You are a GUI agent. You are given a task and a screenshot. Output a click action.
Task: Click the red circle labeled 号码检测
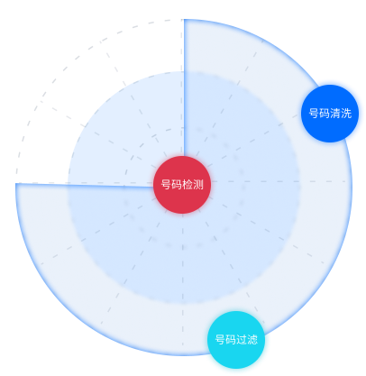(x=182, y=185)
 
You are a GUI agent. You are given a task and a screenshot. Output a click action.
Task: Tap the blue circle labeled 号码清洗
(x=330, y=114)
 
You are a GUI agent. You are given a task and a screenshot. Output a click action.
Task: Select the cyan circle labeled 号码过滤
(x=236, y=340)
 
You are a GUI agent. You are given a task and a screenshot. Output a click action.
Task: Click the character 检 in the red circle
(x=188, y=184)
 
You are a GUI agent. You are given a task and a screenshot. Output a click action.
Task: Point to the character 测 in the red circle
(x=198, y=184)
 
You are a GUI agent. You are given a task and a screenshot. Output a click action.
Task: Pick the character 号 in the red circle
(x=166, y=184)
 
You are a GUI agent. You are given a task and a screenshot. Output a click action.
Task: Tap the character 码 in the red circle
(x=177, y=184)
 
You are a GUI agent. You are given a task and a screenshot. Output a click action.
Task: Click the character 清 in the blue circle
(x=335, y=114)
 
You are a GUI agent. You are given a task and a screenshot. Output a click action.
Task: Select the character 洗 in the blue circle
(x=346, y=114)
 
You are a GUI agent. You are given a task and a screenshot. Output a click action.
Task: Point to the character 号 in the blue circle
(x=314, y=114)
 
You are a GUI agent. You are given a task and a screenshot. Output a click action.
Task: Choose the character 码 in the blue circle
(x=325, y=114)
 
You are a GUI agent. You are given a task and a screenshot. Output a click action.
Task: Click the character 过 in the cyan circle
(x=242, y=340)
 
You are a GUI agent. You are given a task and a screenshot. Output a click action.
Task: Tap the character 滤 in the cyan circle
(x=252, y=340)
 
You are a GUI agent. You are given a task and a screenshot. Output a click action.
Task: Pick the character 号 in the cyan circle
(x=220, y=340)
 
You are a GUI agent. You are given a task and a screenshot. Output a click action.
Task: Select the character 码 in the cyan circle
(x=231, y=340)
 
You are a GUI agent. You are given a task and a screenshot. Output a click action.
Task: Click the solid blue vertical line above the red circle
(x=184, y=87)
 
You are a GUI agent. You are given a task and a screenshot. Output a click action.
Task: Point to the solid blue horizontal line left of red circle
(x=85, y=185)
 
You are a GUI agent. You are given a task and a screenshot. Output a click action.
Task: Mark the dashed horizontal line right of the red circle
(x=279, y=181)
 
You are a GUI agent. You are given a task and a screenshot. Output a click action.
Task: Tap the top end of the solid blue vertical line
(x=184, y=20)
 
